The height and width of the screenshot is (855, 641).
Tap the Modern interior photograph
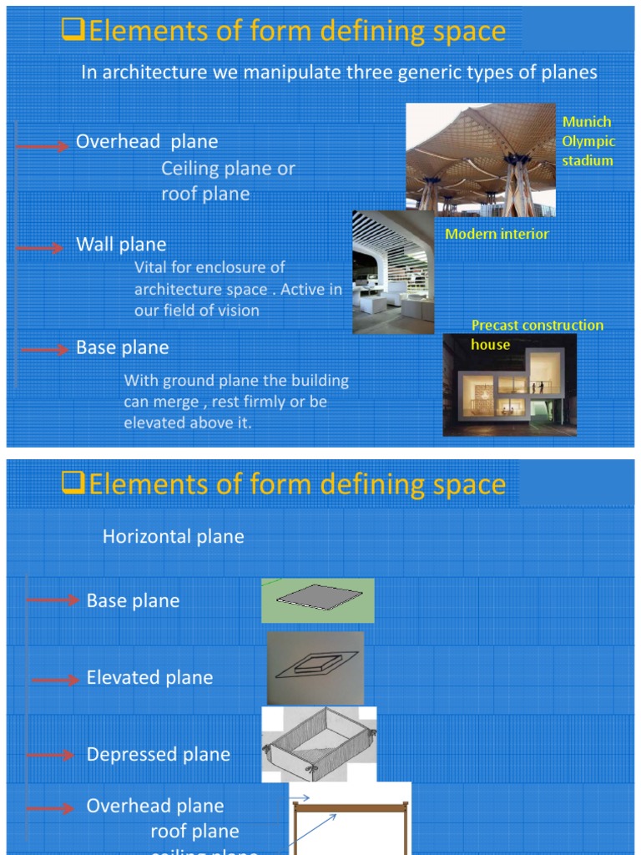click(x=392, y=272)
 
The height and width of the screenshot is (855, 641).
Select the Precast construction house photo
click(x=509, y=385)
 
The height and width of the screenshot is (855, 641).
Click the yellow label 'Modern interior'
click(x=497, y=234)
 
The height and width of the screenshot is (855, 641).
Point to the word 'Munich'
click(x=587, y=122)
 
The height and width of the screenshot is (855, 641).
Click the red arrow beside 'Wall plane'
click(x=40, y=248)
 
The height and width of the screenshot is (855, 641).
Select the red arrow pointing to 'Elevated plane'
click(x=55, y=680)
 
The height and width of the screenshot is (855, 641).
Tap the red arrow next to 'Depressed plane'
click(x=50, y=755)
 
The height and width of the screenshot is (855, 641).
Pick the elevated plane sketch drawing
click(x=316, y=668)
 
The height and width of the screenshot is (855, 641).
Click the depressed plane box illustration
click(x=318, y=744)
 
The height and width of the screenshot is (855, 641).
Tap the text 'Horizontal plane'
click(x=174, y=537)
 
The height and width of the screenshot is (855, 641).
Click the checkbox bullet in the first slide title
click(x=74, y=30)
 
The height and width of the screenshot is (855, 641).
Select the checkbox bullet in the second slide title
click(x=74, y=483)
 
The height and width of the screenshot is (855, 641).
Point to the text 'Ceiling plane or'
click(x=228, y=169)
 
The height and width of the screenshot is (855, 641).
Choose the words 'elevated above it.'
click(x=188, y=423)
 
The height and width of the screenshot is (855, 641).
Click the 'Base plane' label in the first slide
click(x=122, y=347)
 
